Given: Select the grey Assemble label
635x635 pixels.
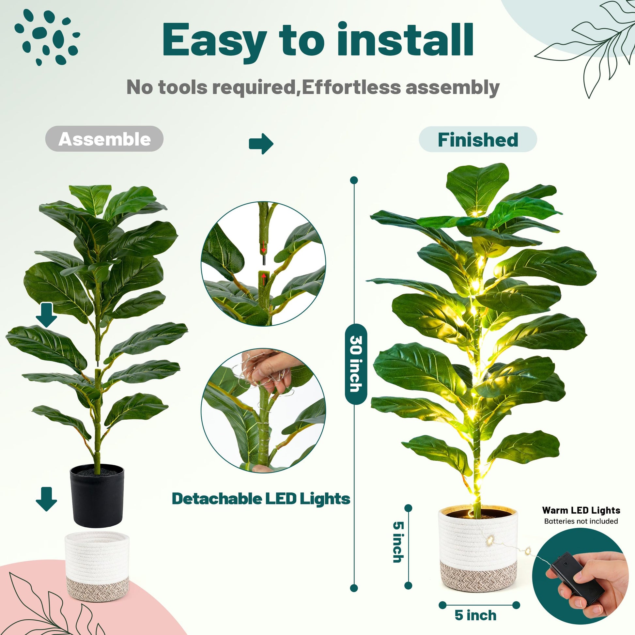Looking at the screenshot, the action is coord(104,139).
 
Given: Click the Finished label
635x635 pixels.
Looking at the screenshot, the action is coord(478,139).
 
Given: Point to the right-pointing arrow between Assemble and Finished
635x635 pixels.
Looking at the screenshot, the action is coord(261,144).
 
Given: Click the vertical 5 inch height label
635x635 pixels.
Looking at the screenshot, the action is coord(398,542).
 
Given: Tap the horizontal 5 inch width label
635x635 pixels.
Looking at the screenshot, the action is coord(475,615).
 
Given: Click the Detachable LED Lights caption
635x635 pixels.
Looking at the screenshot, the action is coord(261,499).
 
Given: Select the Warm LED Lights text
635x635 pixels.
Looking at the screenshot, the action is coord(581,510).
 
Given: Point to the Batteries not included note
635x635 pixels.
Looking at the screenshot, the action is coord(581,521).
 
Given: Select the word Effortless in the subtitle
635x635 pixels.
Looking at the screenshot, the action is coord(351,87).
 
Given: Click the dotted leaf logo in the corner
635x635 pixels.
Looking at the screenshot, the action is coord(47,37).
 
